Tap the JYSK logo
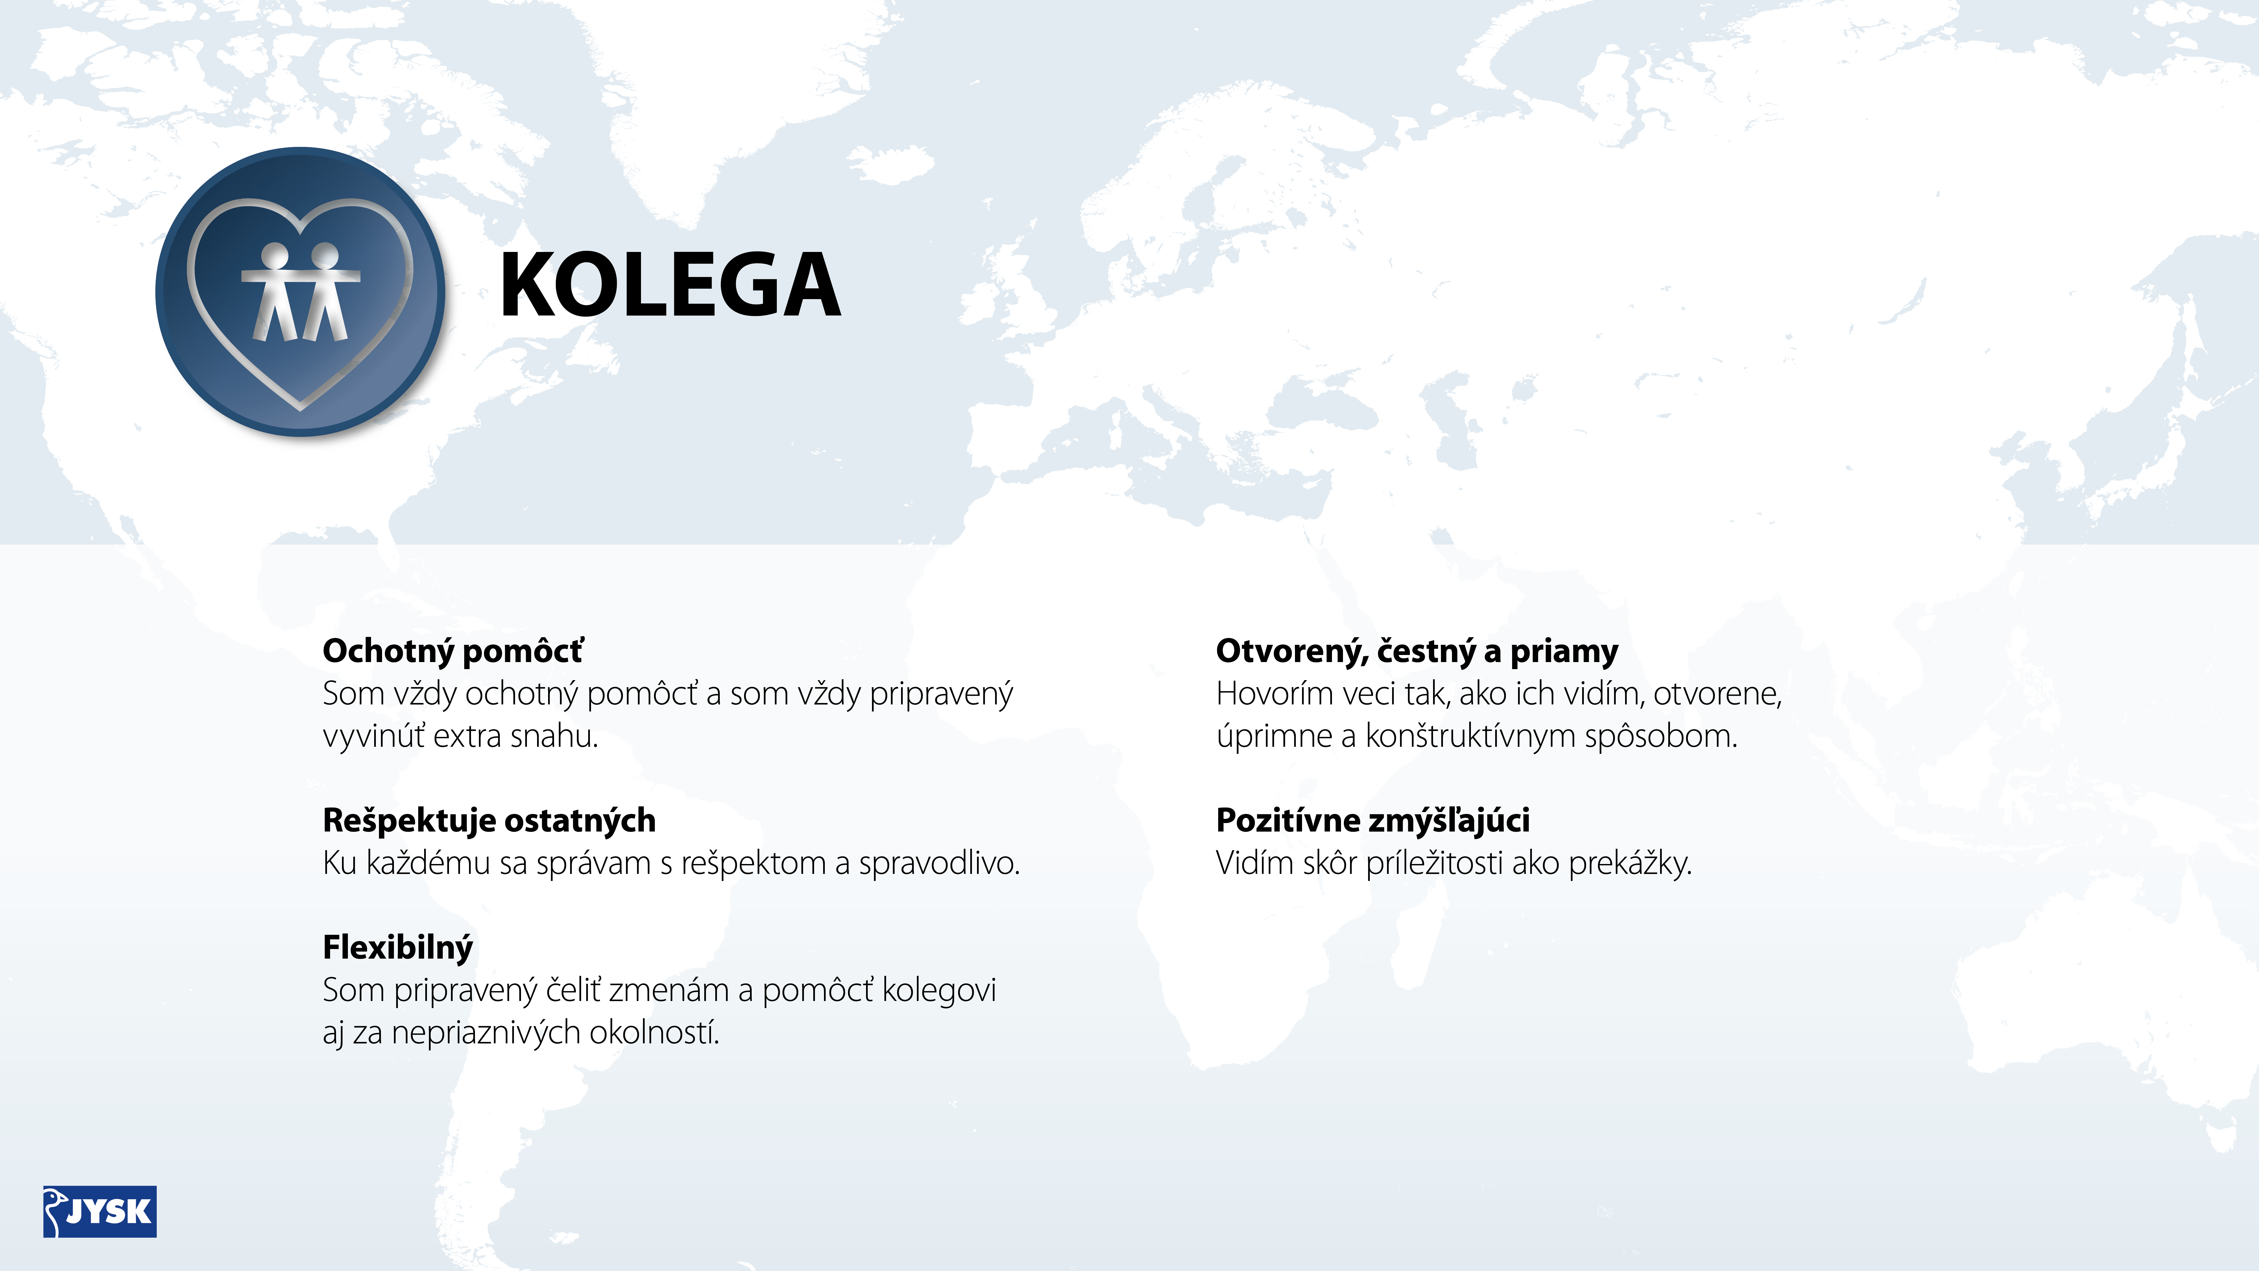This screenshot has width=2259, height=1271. [x=100, y=1211]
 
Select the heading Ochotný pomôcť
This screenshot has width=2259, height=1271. [x=452, y=651]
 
